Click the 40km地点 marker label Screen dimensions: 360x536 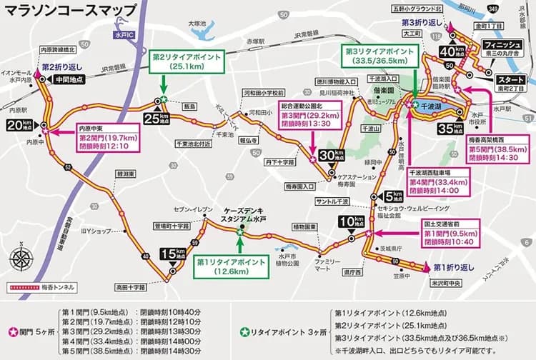tap(448, 52)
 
